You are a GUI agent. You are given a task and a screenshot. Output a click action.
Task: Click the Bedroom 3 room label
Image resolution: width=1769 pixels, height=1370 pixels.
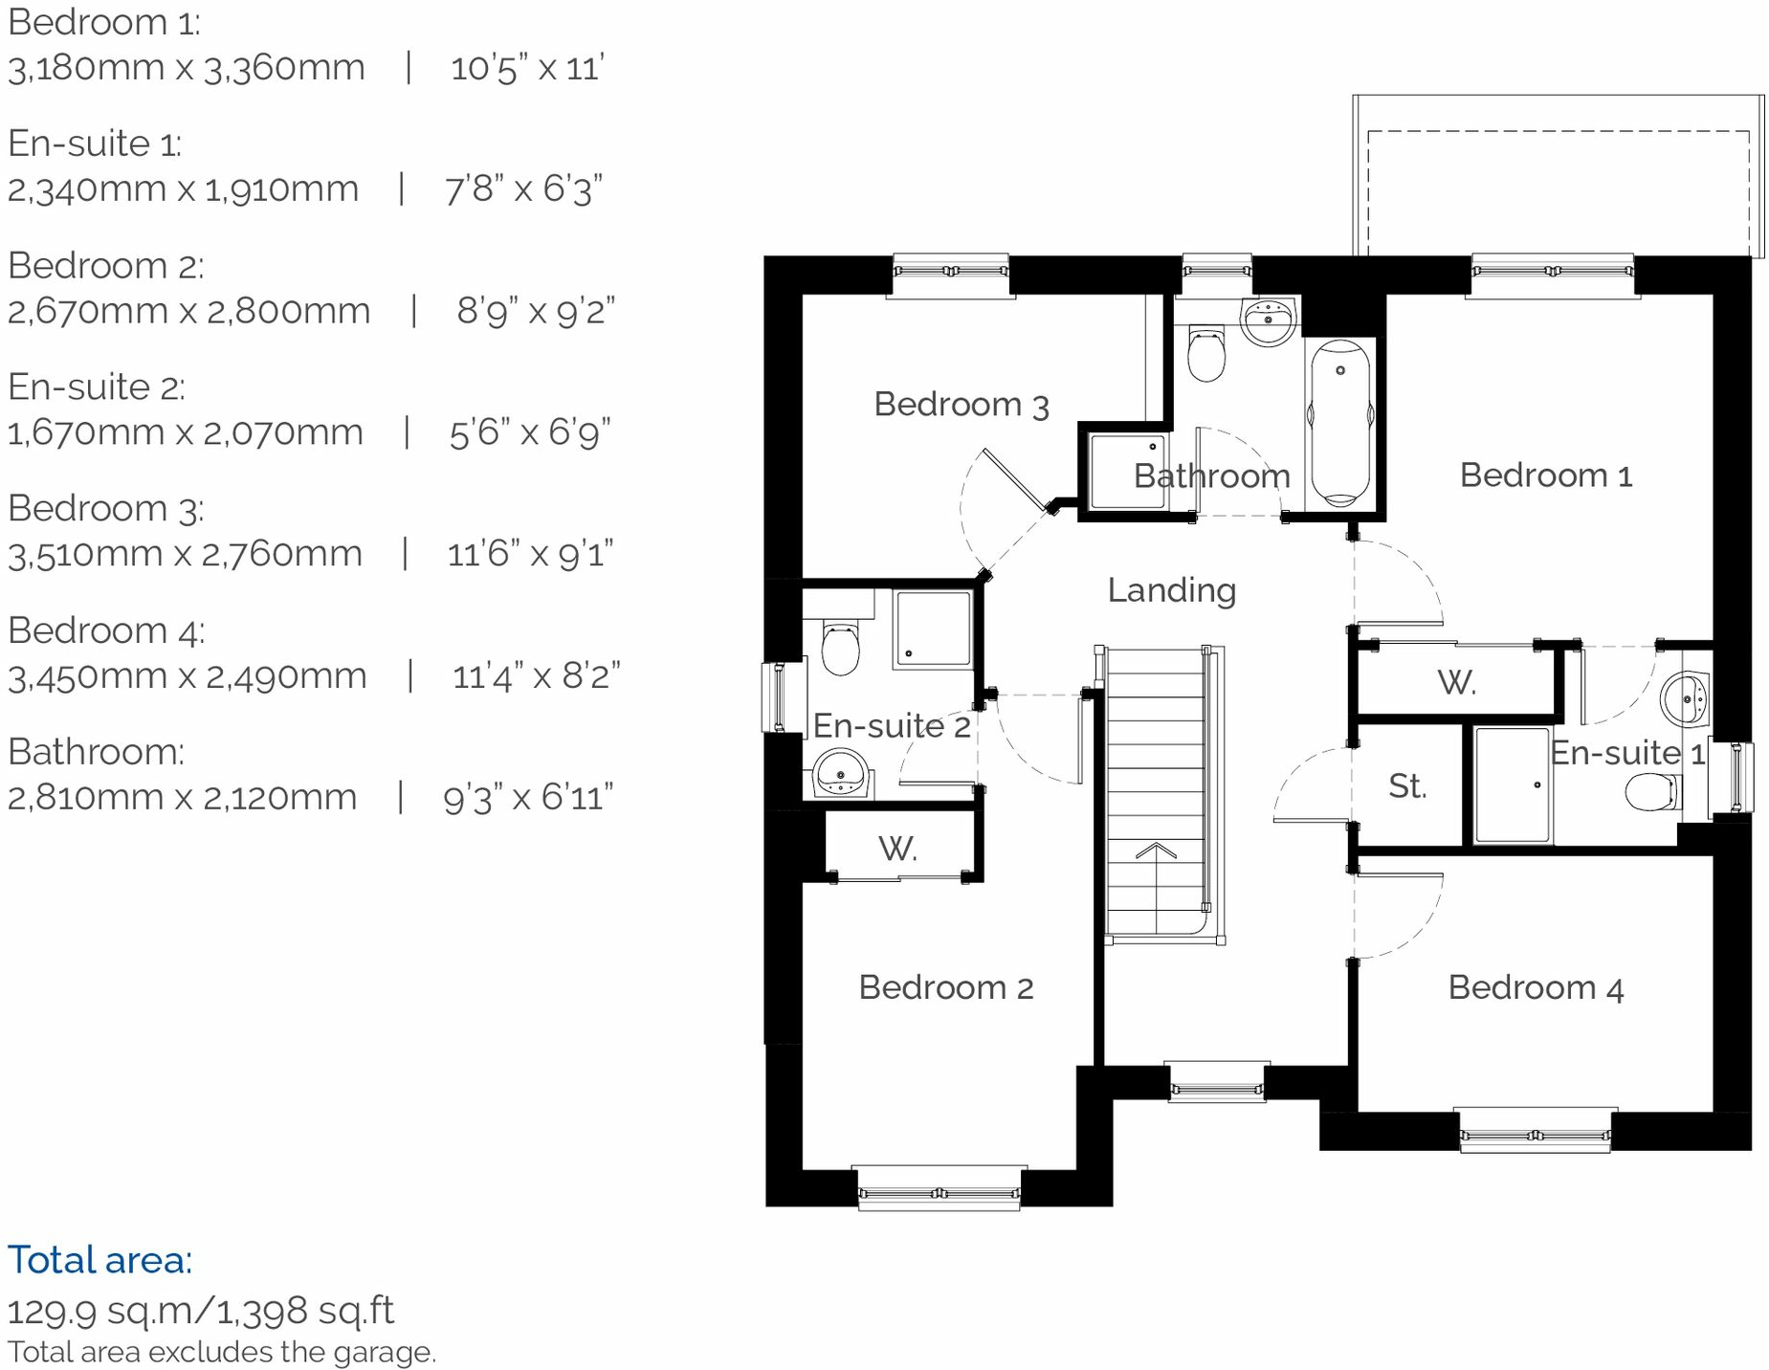[x=961, y=405]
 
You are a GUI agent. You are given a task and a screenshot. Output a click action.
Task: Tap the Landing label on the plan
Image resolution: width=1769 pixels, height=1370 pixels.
[x=1171, y=590]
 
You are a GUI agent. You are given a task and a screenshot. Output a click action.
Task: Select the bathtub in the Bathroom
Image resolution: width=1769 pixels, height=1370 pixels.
[x=1340, y=422]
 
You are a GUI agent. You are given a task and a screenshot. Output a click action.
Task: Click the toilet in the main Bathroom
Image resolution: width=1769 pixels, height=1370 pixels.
[x=1205, y=354]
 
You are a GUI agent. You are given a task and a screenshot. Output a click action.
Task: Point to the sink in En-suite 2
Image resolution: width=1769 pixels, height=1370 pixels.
[x=841, y=772]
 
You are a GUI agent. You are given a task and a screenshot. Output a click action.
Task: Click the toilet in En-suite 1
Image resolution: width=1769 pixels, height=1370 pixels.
[x=1652, y=792]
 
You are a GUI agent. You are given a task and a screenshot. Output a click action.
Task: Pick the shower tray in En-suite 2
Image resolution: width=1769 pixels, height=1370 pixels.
[x=933, y=629]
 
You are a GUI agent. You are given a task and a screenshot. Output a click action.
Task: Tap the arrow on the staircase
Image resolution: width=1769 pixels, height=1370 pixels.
[x=1156, y=851]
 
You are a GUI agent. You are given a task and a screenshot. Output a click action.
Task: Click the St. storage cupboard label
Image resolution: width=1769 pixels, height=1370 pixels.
[x=1407, y=786]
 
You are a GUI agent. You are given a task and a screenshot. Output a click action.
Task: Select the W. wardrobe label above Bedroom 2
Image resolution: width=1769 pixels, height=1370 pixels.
[x=897, y=849]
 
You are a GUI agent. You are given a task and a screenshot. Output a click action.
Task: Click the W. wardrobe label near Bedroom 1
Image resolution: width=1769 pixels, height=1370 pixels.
[x=1456, y=683]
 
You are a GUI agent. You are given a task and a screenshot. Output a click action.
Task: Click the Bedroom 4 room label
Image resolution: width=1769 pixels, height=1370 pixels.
[x=1535, y=987]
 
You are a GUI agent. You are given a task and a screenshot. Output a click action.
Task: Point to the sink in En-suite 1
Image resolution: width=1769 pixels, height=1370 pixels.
[x=1685, y=698]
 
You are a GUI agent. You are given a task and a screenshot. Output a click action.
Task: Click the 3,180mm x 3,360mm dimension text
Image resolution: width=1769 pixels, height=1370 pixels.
[x=187, y=68]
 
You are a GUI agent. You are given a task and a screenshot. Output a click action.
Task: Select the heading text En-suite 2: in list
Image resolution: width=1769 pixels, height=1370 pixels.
[x=97, y=387]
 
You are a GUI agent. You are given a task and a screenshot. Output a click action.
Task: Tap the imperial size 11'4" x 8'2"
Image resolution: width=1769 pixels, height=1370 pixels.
[x=536, y=676]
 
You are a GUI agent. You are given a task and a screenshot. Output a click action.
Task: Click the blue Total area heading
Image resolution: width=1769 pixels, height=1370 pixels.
[x=100, y=1260]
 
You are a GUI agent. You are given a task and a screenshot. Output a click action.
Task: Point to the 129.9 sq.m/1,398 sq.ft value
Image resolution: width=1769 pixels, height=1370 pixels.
[x=201, y=1311]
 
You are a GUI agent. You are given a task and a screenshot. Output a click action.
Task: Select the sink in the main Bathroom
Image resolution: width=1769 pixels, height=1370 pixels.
[x=1269, y=319]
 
